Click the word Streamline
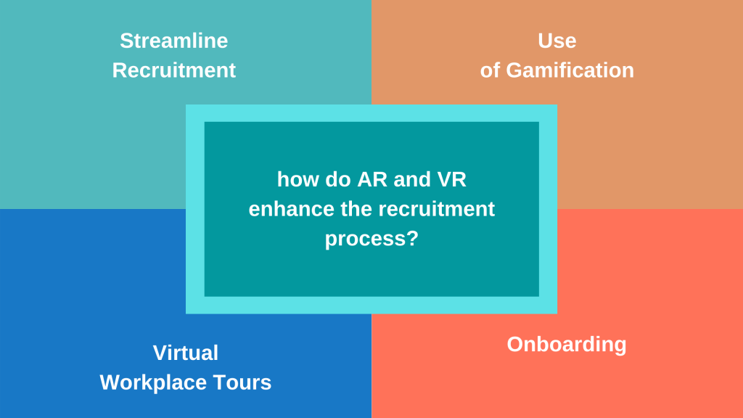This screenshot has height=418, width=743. pos(174,41)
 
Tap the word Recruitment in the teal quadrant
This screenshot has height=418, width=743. pos(174,70)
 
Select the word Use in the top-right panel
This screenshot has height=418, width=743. pos(557,41)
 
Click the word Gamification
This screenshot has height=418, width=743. pos(570,70)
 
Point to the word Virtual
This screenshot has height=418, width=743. pos(186,353)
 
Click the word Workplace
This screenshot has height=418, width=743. pos(152,382)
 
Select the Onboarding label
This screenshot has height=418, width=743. pos(566,344)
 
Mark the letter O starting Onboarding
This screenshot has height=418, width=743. pos(514,344)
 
